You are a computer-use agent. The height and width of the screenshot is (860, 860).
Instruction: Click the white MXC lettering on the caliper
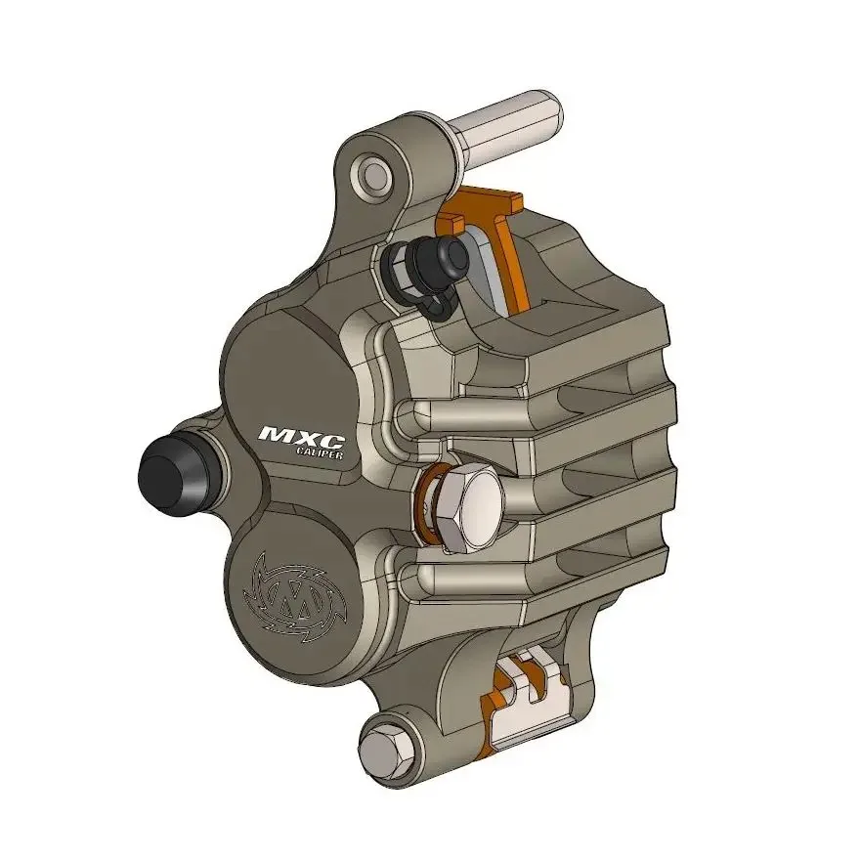(294, 433)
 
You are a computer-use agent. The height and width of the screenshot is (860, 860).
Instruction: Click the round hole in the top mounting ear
(376, 175)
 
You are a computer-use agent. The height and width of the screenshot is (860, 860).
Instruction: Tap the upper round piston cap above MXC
(283, 362)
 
